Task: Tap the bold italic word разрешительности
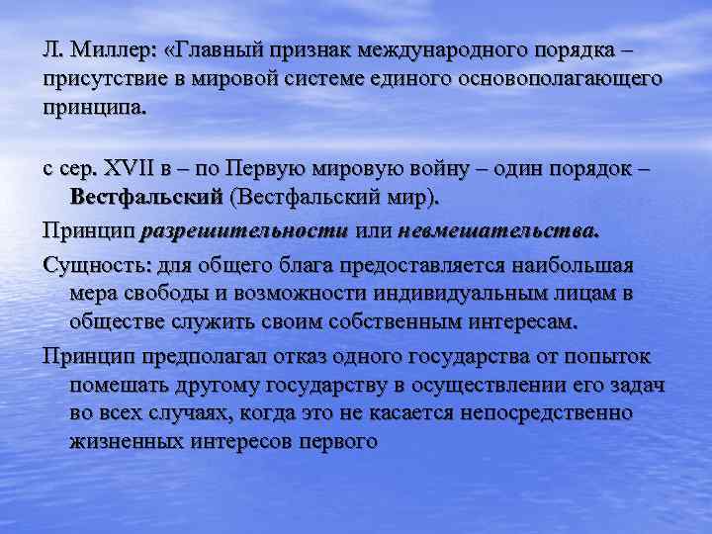point(245,231)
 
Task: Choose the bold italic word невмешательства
point(497,231)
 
